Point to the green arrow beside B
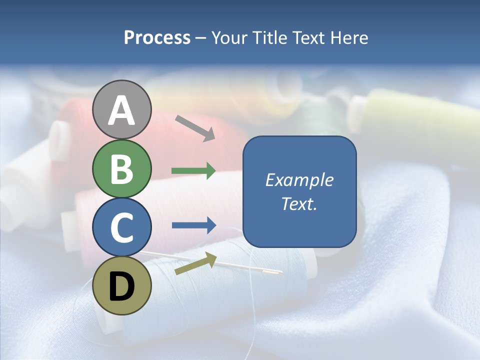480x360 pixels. pyautogui.click(x=193, y=171)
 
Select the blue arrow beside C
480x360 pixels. pyautogui.click(x=193, y=225)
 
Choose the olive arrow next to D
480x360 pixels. pyautogui.click(x=195, y=263)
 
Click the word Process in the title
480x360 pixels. pyautogui.click(x=157, y=37)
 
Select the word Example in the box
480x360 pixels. pyautogui.click(x=299, y=180)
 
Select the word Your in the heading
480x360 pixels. pyautogui.click(x=229, y=37)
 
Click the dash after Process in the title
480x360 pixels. pyautogui.click(x=201, y=38)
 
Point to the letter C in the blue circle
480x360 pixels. pyautogui.click(x=122, y=227)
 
